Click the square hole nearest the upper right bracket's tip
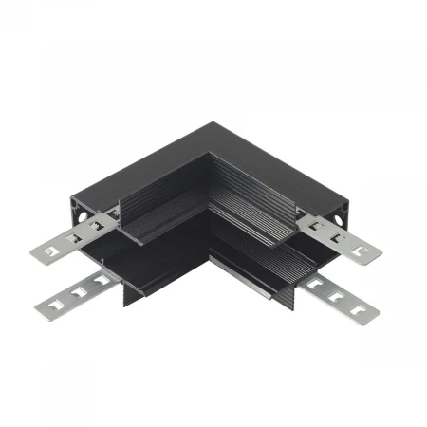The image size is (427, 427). click(360, 250)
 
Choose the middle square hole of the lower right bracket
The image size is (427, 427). click(338, 293)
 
